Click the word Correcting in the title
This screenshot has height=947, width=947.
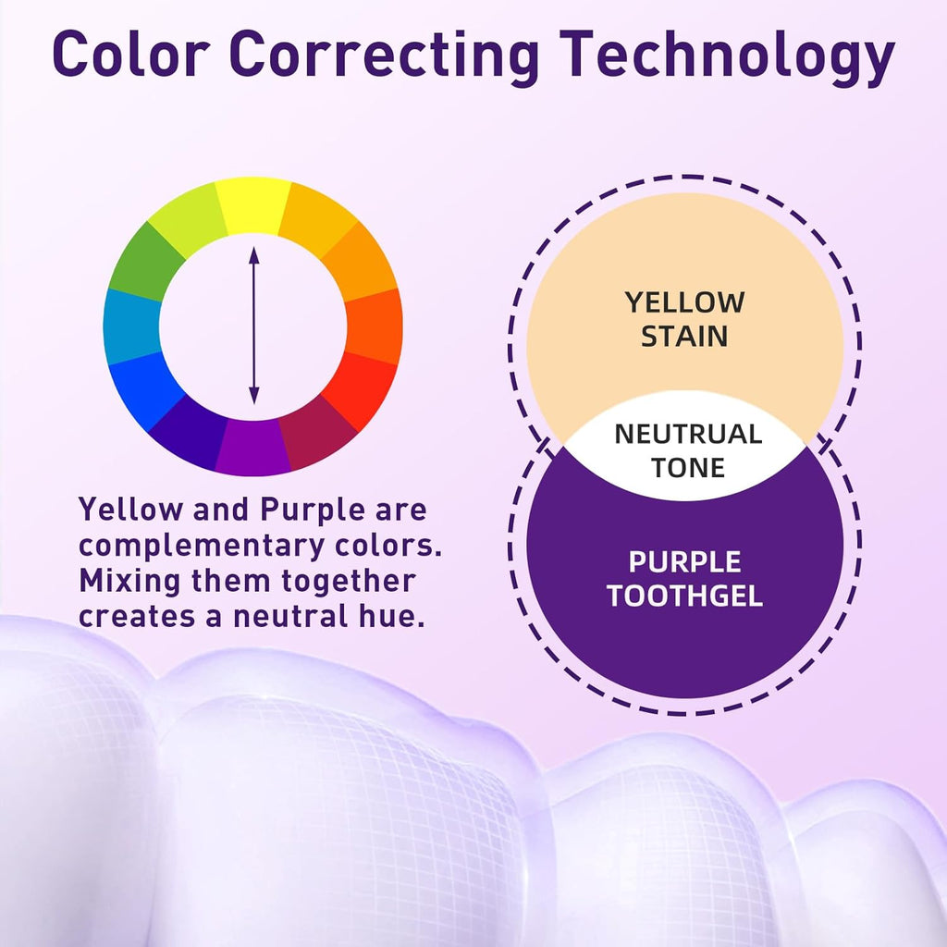385,55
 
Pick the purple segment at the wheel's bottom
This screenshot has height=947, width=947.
253,448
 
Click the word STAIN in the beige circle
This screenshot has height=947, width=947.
684,337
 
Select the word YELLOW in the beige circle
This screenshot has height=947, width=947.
684,302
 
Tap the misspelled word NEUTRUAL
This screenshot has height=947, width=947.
688,435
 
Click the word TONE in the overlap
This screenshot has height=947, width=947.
688,467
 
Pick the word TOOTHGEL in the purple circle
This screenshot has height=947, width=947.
684,596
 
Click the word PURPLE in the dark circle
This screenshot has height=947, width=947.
684,562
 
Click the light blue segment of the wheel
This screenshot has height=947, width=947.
132,326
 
